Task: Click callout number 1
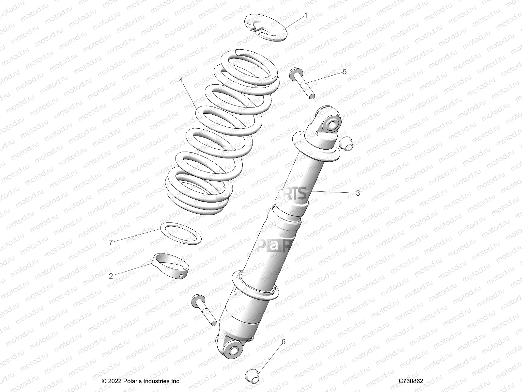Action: (306, 15)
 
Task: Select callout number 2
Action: (111, 276)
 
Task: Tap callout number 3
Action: (358, 193)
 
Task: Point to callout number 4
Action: (181, 80)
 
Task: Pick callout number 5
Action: (345, 72)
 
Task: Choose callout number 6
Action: (284, 342)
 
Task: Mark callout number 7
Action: (111, 242)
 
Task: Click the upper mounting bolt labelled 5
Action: (302, 82)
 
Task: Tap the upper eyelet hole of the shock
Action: (332, 124)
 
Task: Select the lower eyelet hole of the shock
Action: (234, 351)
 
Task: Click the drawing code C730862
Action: (411, 381)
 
